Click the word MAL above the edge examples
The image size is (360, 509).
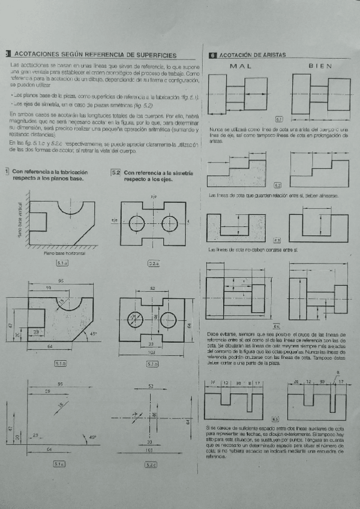pos(241,66)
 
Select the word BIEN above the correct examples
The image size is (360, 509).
pos(319,66)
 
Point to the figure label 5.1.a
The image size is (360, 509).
pos(62,263)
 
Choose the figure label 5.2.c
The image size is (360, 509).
pos(151,464)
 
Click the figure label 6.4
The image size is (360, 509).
pos(277,326)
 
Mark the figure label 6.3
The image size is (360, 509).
pos(277,239)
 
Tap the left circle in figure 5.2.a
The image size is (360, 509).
pos(136,224)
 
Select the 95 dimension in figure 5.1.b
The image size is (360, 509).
pos(61,282)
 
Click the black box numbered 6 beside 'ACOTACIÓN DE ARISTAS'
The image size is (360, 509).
pos(212,55)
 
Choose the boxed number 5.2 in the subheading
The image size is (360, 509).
pos(116,173)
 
